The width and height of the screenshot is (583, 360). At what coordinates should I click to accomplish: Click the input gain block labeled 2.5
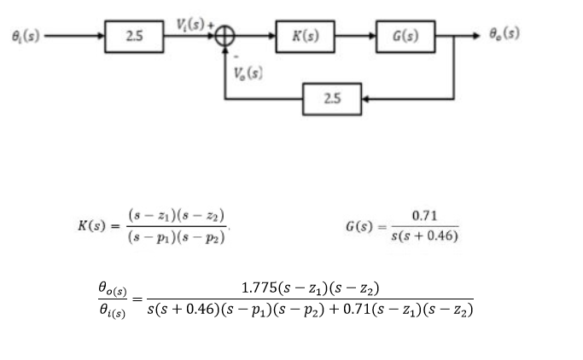tap(133, 38)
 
